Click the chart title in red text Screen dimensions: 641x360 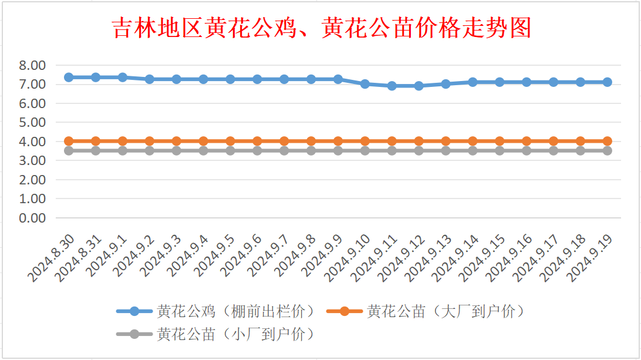[x=321, y=28]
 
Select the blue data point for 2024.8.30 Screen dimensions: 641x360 [x=69, y=78]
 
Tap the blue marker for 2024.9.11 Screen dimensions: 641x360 [x=392, y=86]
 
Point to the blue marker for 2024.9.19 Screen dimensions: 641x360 [x=607, y=82]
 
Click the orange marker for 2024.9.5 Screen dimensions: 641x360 [x=230, y=141]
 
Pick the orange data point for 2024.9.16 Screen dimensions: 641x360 [x=527, y=141]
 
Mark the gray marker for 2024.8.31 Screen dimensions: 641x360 [x=96, y=151]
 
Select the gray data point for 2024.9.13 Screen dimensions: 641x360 [x=446, y=151]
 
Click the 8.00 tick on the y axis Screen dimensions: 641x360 [x=32, y=65]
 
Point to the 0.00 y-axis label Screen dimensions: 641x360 [x=32, y=218]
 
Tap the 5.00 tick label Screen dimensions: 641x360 [x=32, y=122]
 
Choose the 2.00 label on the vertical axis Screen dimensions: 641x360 [x=32, y=180]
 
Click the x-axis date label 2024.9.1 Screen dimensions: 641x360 [x=107, y=257]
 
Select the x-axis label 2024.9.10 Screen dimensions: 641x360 [x=347, y=258]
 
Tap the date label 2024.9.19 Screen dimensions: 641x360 [x=589, y=258]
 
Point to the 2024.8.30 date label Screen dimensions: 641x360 [x=51, y=258]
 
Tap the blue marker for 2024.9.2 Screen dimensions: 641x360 [x=150, y=79]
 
